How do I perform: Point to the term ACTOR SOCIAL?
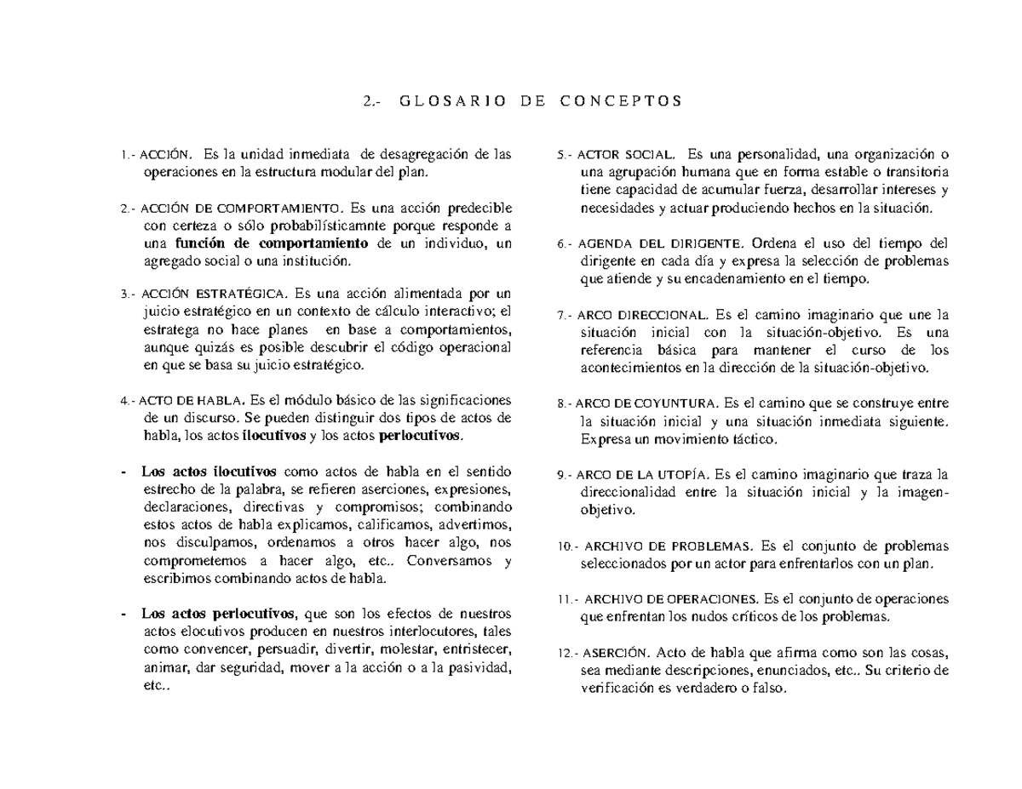(626, 155)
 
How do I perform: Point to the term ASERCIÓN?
(617, 654)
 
